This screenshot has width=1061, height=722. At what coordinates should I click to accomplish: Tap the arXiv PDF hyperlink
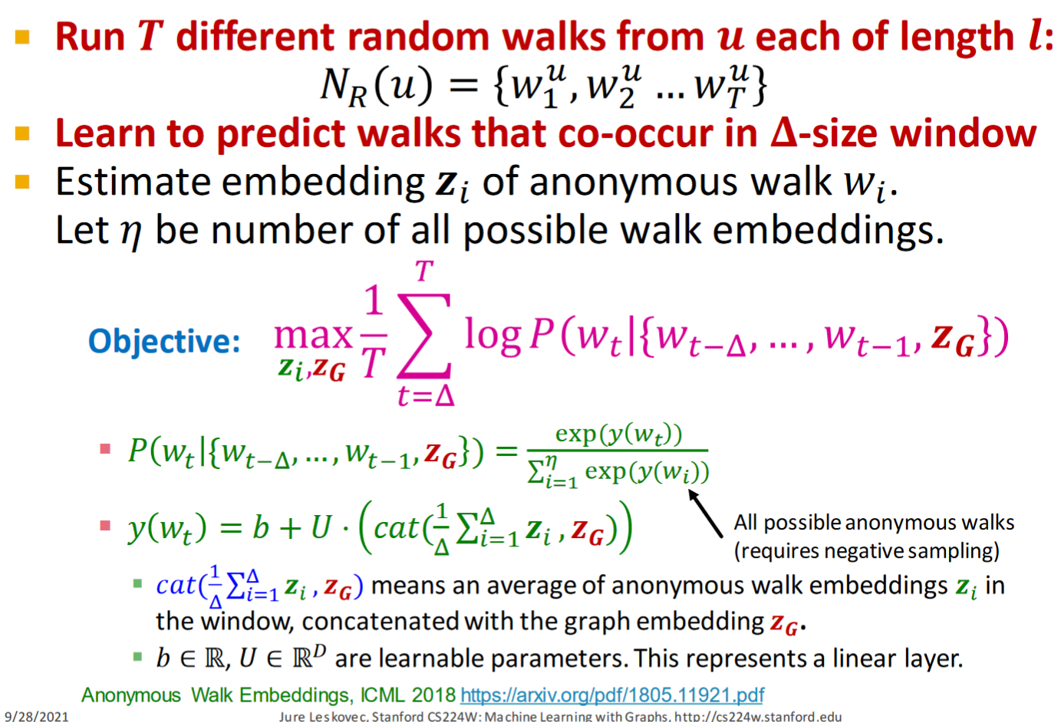[x=612, y=695]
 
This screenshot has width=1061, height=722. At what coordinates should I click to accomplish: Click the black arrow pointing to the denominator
[x=705, y=514]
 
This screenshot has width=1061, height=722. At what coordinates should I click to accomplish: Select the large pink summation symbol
[x=423, y=336]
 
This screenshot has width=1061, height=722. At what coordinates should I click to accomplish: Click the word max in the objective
[x=313, y=335]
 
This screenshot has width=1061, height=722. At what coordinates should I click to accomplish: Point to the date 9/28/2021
[x=37, y=717]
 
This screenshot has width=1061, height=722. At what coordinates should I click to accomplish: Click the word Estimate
[x=133, y=182]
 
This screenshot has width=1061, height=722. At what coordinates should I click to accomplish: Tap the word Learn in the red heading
[x=105, y=133]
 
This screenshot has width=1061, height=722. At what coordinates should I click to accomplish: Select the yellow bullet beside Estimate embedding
[x=22, y=182]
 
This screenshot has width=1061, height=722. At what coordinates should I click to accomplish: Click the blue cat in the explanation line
[x=176, y=586]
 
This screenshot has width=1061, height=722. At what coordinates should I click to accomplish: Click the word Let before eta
[x=82, y=230]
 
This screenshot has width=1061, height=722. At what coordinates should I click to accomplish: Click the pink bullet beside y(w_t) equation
[x=105, y=525]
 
